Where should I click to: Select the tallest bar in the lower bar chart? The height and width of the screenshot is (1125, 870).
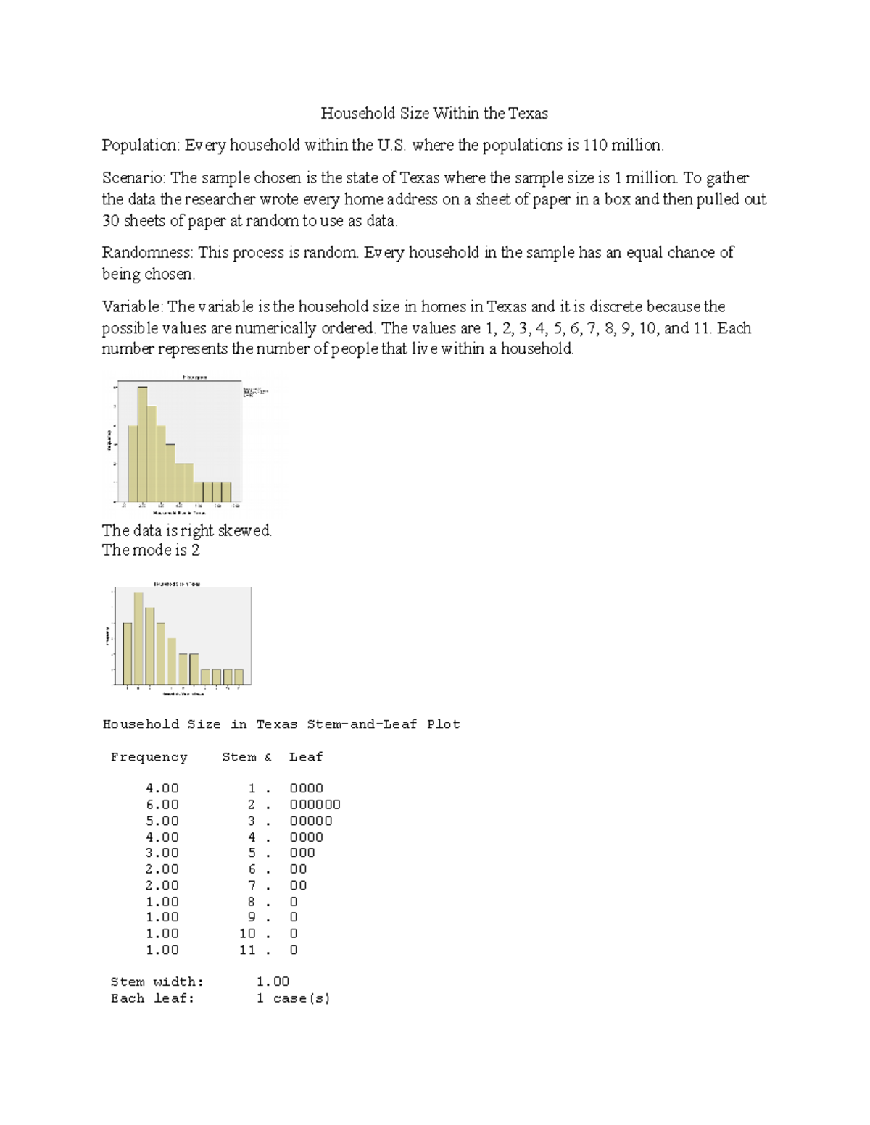138,638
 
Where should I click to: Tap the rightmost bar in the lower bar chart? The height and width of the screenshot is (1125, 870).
239,677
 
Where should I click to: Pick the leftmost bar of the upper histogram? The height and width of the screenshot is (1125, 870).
133,464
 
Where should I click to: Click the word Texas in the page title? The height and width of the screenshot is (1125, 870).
528,113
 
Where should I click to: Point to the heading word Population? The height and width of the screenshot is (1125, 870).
141,146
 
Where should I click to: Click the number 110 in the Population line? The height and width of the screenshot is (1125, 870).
594,146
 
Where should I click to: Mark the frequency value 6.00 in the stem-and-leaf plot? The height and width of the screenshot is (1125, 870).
162,805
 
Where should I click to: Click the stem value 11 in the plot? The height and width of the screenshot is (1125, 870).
247,950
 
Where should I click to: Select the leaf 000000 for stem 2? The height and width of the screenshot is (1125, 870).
315,805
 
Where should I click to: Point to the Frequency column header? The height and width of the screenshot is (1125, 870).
149,757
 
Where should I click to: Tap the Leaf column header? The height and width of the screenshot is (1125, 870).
305,757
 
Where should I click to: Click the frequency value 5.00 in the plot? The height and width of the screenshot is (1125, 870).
162,821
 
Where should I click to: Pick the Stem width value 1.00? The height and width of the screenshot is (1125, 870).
273,982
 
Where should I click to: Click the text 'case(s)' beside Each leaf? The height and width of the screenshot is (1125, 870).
302,998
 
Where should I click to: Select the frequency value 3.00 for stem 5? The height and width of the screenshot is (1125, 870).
162,853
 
